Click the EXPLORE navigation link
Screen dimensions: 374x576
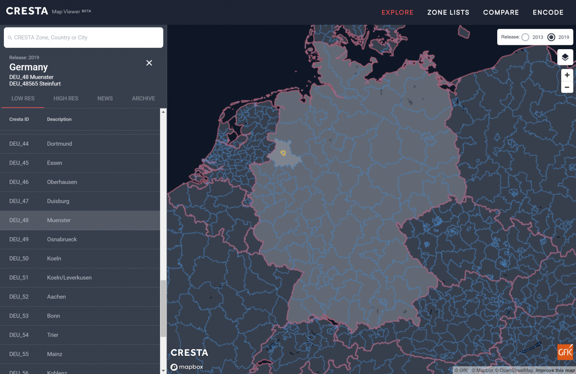[x=397, y=12]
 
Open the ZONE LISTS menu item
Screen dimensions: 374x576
[x=448, y=12]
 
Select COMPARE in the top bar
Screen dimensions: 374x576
[x=501, y=12]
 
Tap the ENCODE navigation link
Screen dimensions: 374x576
[x=548, y=12]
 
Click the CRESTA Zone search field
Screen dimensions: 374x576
[x=83, y=38]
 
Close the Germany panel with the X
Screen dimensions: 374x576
[x=149, y=63]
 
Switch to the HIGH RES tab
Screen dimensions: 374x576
[x=66, y=98]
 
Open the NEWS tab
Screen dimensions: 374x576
[x=105, y=98]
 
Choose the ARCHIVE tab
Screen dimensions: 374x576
[x=143, y=98]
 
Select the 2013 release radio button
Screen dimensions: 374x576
[x=526, y=37]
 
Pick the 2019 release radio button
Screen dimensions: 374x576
[x=551, y=37]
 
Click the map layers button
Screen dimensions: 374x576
[x=565, y=57]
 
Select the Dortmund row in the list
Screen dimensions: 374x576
[x=59, y=144]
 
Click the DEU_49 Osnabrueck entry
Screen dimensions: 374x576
[x=62, y=239]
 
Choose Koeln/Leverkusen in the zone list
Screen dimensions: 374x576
[x=69, y=277]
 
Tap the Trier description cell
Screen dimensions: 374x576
[x=53, y=335]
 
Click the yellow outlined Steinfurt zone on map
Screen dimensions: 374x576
[x=283, y=153]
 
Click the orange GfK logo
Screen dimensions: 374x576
[x=565, y=352]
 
